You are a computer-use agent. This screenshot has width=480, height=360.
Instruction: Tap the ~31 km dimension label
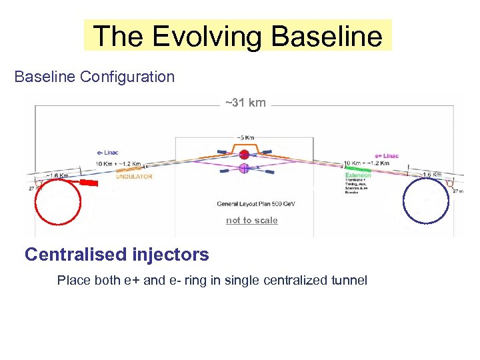click(x=245, y=103)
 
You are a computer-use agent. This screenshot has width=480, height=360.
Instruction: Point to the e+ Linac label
click(x=387, y=156)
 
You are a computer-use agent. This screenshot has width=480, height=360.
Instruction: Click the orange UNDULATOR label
click(x=135, y=177)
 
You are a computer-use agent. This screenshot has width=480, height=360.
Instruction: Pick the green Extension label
click(x=359, y=175)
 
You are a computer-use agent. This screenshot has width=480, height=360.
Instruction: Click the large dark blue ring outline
click(x=405, y=200)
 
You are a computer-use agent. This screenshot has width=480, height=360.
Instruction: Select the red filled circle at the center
click(x=244, y=155)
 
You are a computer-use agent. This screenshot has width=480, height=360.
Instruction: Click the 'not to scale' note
click(x=251, y=221)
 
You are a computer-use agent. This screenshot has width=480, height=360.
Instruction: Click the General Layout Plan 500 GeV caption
click(x=256, y=204)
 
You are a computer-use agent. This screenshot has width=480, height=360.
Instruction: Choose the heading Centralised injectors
click(x=117, y=255)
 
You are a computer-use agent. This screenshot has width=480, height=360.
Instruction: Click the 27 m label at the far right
click(x=459, y=191)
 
